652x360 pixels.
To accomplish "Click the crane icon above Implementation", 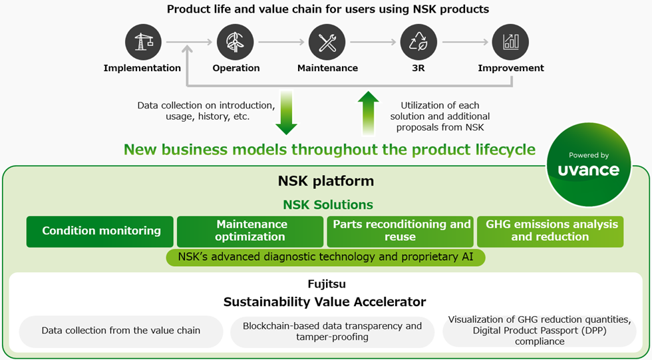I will click(143, 43).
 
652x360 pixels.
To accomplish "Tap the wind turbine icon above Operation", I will click(236, 43).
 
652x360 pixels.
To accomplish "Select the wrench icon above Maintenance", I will click(327, 43).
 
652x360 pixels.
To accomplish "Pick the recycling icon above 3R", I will click(418, 43).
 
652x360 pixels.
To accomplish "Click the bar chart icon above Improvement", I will click(510, 43).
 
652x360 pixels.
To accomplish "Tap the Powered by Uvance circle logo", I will click(589, 165).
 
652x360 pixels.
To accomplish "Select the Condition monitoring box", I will click(100, 232).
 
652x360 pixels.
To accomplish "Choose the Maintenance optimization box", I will click(251, 232).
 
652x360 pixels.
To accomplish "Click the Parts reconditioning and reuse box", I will click(401, 232).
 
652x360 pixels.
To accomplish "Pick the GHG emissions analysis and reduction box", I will click(550, 232).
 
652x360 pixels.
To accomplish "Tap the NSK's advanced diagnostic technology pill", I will click(325, 257).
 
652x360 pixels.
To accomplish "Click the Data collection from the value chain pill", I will click(120, 331).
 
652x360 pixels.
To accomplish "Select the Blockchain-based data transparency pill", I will click(332, 331).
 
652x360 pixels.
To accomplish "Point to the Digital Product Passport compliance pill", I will click(539, 331).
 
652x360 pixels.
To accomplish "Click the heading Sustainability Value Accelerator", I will click(325, 301).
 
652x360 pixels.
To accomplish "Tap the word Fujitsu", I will click(326, 284).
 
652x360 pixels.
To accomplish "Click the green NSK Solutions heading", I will click(328, 205).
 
